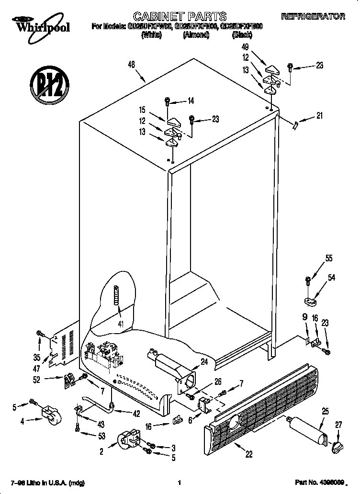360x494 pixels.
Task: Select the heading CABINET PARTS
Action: coord(180,16)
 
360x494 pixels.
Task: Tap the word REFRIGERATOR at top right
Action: coord(313,16)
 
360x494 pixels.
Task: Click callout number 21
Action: coord(319,116)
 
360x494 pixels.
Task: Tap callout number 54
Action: coord(331,277)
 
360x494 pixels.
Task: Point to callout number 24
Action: coord(205,362)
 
